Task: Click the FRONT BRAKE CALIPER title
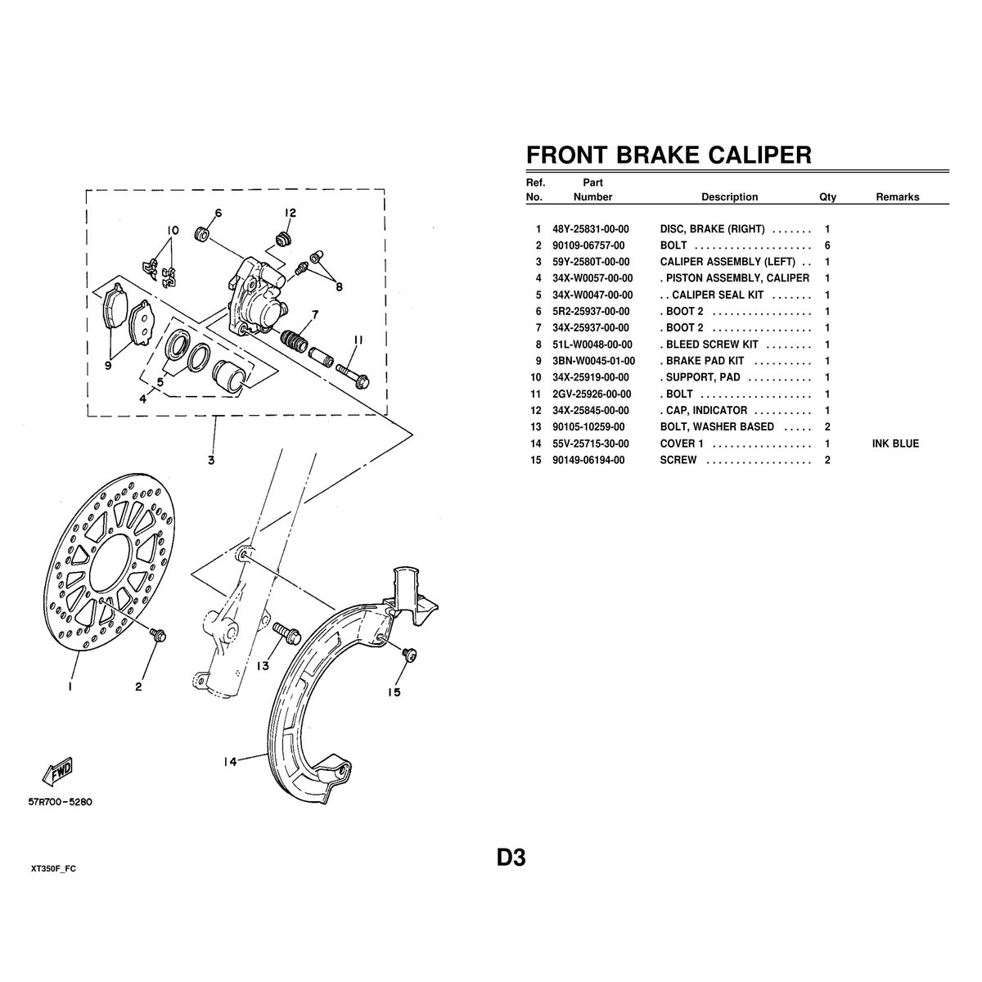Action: point(668,155)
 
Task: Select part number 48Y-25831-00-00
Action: point(591,230)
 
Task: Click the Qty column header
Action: point(827,197)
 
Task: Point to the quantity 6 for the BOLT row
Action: point(828,246)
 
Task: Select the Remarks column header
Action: point(897,197)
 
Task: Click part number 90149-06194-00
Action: point(591,460)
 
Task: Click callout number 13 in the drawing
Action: point(262,666)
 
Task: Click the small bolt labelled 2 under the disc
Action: point(158,633)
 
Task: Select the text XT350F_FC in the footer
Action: point(58,867)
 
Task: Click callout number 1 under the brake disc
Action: point(71,687)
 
